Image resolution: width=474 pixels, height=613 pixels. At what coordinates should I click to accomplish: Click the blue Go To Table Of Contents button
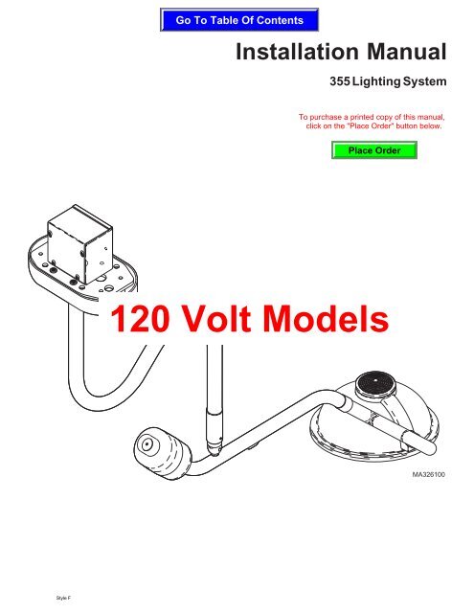(239, 20)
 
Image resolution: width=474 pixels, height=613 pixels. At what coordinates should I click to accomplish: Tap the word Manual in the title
(406, 52)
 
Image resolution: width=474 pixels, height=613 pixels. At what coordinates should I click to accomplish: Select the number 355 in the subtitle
(340, 81)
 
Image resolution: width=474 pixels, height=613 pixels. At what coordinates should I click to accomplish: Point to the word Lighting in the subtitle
(376, 81)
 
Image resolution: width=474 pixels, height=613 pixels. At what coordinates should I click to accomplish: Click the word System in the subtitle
(425, 81)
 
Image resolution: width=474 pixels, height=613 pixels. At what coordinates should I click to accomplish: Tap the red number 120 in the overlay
(140, 318)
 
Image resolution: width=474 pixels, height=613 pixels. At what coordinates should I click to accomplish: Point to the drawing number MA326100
(428, 475)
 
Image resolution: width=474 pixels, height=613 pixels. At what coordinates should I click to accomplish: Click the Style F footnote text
(63, 598)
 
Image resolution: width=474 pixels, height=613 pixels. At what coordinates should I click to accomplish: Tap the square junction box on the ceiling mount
(79, 244)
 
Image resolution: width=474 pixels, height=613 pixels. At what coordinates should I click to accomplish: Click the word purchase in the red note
(326, 117)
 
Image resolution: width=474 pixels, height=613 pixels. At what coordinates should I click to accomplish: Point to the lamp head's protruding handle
(418, 443)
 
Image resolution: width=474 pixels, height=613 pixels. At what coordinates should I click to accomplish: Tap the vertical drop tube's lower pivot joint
(214, 446)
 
